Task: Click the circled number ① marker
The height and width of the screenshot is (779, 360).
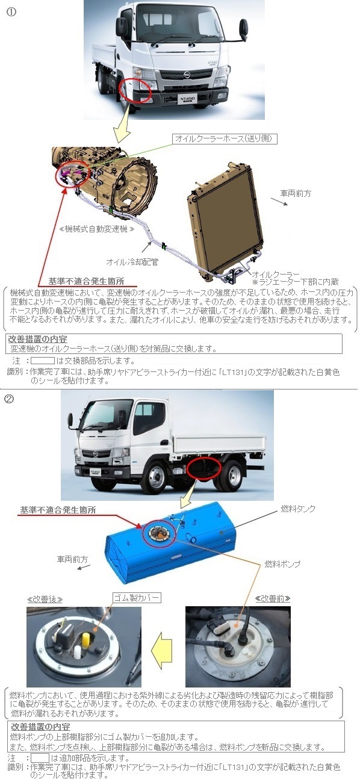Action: click(x=11, y=12)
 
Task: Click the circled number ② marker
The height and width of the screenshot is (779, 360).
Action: click(x=8, y=399)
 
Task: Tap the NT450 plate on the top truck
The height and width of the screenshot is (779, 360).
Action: click(x=188, y=98)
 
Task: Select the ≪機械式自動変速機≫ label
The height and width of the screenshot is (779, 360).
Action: click(x=96, y=229)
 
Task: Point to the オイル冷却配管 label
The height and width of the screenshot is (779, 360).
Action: click(x=132, y=261)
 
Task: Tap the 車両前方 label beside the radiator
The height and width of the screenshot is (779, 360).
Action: click(x=296, y=193)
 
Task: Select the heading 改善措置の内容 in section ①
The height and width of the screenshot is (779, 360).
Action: click(x=37, y=339)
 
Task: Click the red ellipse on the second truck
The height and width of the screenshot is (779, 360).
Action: click(x=204, y=469)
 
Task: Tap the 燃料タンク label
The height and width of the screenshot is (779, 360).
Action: click(x=298, y=509)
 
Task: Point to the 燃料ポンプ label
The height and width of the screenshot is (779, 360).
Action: click(x=282, y=563)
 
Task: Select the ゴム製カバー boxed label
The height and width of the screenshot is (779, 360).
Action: click(x=137, y=598)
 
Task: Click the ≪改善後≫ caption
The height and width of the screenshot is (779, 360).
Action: click(x=45, y=599)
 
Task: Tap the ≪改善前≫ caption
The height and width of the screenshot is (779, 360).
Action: click(x=273, y=598)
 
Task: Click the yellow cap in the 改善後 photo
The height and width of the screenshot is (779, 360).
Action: click(x=85, y=639)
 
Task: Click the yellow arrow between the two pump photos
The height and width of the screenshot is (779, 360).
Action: click(x=162, y=650)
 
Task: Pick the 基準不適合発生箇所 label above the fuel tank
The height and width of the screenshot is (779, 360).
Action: click(x=58, y=510)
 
